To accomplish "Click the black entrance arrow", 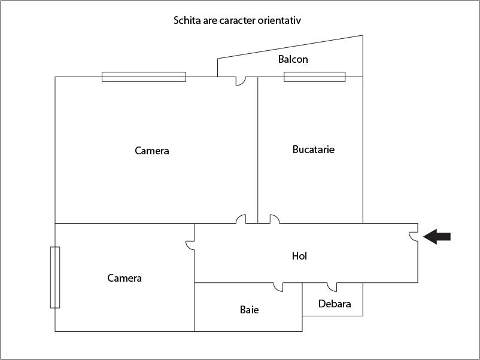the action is [437, 237].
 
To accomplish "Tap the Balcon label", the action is [293, 59].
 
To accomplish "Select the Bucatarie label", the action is [314, 150].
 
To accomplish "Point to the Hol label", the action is [299, 256].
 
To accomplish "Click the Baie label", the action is [249, 310].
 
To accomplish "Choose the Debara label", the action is [335, 304].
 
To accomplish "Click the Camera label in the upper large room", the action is [152, 151].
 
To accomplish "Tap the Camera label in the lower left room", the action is [124, 278].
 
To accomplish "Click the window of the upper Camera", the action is [144, 77].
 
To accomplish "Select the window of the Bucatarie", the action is [315, 77].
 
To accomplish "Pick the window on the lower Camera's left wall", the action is [55, 277].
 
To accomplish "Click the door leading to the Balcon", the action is [241, 81].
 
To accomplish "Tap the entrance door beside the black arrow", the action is [414, 236].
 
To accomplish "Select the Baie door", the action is [278, 287].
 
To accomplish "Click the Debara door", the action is [332, 287].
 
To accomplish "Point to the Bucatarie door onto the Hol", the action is [275, 219].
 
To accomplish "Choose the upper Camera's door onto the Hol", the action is [241, 219].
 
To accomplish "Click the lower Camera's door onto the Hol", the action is [190, 245].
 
